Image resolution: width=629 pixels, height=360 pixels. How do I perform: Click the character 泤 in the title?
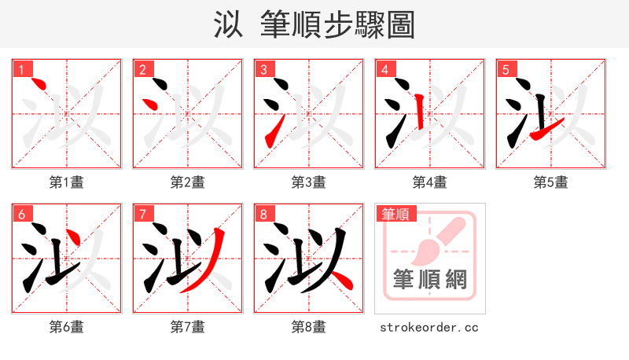pyautogui.click(x=229, y=24)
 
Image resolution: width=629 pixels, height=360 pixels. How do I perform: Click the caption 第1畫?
pyautogui.click(x=67, y=182)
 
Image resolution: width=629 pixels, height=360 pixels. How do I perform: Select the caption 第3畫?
pyautogui.click(x=308, y=182)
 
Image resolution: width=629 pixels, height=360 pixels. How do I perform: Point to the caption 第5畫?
pyautogui.click(x=550, y=182)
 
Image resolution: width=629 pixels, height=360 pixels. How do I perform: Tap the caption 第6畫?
pyautogui.click(x=67, y=327)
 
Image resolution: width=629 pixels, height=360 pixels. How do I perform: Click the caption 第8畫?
pyautogui.click(x=308, y=327)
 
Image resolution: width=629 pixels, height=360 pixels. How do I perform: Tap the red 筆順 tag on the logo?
pyautogui.click(x=397, y=214)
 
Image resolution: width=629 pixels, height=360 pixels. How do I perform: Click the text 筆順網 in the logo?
pyautogui.click(x=429, y=279)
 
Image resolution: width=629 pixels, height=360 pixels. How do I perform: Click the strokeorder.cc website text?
pyautogui.click(x=429, y=327)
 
